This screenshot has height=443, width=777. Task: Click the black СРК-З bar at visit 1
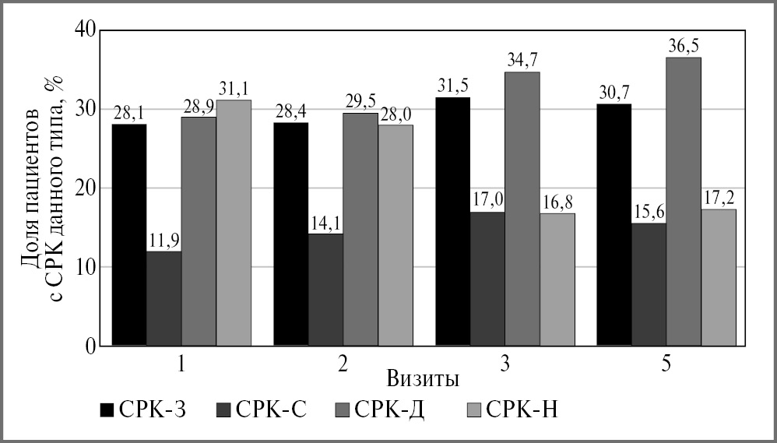point(129,234)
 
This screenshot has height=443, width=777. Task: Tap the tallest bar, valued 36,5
point(684,202)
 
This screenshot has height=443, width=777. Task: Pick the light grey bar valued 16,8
point(557,280)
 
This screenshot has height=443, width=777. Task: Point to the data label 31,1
point(234,90)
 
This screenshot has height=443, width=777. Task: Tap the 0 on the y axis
point(91,346)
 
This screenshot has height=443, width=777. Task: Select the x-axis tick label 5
point(666,364)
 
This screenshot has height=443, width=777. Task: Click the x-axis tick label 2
point(343,364)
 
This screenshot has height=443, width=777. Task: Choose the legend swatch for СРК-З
point(107,410)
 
